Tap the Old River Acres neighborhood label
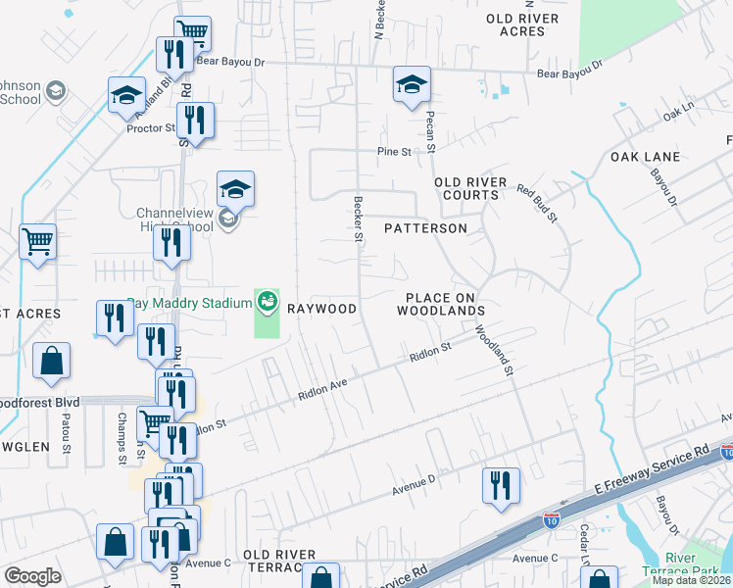[x=521, y=25]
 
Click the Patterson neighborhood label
[x=425, y=228]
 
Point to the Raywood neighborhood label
[x=321, y=309]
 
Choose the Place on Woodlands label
[x=441, y=304]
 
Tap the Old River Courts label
[x=470, y=188]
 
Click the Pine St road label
[x=393, y=152]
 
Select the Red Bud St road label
[x=536, y=203]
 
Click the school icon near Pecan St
[x=412, y=85]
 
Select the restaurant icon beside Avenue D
[x=501, y=486]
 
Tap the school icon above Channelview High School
[x=235, y=188]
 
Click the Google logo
[x=32, y=576]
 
